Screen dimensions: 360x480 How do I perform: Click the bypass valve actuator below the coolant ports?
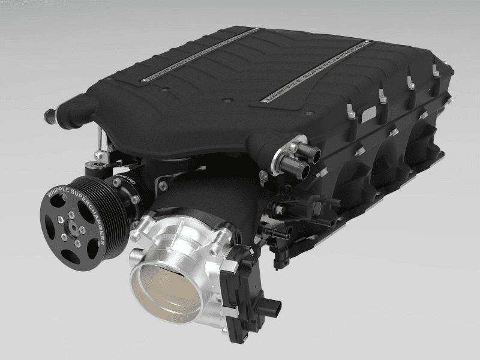click(x=282, y=207)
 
